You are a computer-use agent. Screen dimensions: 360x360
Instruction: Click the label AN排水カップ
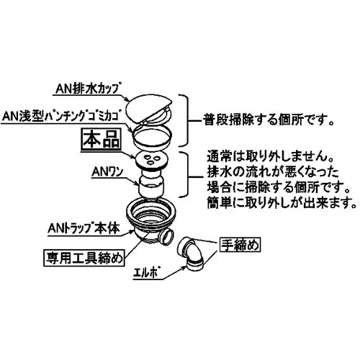click(88, 89)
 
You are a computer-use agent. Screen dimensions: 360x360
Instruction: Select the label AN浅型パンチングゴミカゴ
click(64, 117)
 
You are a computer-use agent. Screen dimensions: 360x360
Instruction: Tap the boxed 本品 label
click(101, 140)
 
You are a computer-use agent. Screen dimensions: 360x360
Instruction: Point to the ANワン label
click(108, 171)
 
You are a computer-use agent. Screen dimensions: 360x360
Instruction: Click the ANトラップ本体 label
click(84, 228)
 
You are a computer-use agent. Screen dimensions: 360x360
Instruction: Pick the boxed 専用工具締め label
click(84, 258)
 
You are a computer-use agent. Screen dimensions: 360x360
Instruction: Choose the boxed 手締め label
click(240, 245)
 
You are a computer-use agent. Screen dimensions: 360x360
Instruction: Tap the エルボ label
click(147, 273)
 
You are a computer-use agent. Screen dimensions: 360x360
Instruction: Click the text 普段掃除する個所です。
click(269, 120)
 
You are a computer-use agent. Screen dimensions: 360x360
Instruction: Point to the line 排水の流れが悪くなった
click(273, 172)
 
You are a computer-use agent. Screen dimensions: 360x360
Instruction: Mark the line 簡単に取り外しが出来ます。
click(282, 203)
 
